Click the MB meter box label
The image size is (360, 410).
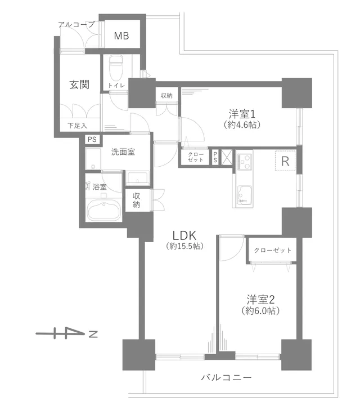(x=121, y=35)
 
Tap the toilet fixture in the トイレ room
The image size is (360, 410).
(x=116, y=68)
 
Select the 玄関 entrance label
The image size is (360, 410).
(x=79, y=84)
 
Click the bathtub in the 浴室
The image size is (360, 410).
(x=103, y=211)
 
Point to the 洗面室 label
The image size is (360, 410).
(x=123, y=152)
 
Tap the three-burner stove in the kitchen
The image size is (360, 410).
(x=245, y=162)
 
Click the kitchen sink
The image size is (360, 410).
(x=244, y=195)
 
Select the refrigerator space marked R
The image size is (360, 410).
(x=285, y=161)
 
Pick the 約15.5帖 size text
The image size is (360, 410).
(x=184, y=246)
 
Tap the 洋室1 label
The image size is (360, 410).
(x=242, y=114)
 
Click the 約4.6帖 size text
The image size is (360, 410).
(x=242, y=125)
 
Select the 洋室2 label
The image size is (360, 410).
(x=260, y=300)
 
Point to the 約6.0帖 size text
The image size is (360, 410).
(x=261, y=311)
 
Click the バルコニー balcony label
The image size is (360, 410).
(x=226, y=377)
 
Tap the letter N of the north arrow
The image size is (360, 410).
(x=93, y=334)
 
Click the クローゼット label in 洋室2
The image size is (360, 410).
(x=272, y=250)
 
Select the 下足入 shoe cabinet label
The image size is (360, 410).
(x=77, y=126)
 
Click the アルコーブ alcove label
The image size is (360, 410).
(x=76, y=25)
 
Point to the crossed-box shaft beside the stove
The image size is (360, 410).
(x=227, y=157)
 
